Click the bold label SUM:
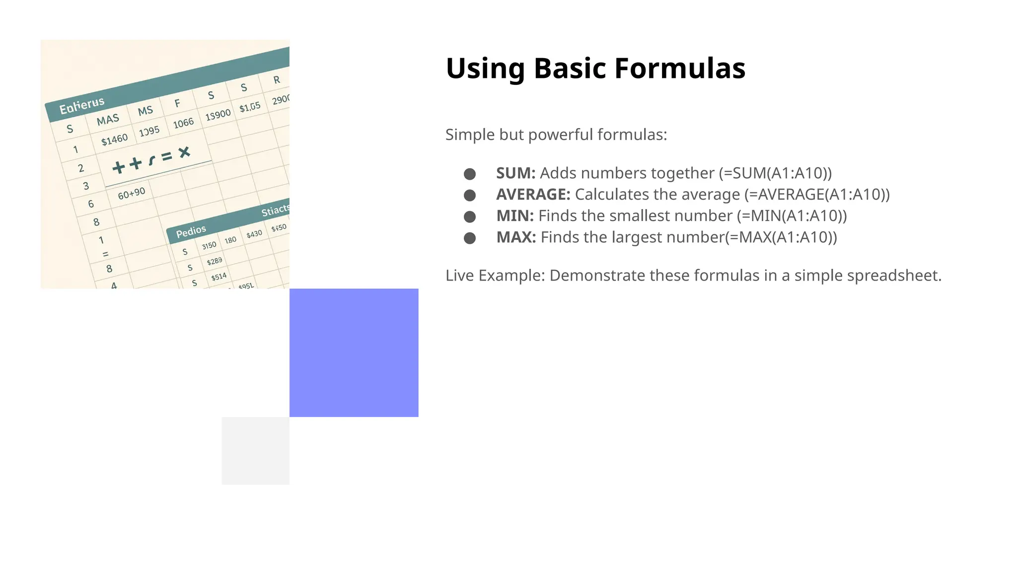click(x=515, y=173)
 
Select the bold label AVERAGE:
click(x=533, y=195)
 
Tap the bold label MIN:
click(x=514, y=216)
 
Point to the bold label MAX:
click(x=516, y=237)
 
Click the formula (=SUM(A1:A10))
click(x=775, y=173)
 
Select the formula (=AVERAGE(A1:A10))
click(x=816, y=195)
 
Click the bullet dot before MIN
click(x=469, y=216)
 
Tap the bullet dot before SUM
click(x=469, y=174)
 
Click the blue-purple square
click(x=354, y=353)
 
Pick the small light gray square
click(x=255, y=450)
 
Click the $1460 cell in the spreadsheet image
click(x=114, y=140)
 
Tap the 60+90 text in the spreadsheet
click(x=132, y=194)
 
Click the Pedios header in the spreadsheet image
click(x=191, y=231)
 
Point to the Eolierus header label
click(x=82, y=105)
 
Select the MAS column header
click(x=108, y=120)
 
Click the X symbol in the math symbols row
click(x=184, y=152)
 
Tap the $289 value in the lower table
click(x=215, y=261)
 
